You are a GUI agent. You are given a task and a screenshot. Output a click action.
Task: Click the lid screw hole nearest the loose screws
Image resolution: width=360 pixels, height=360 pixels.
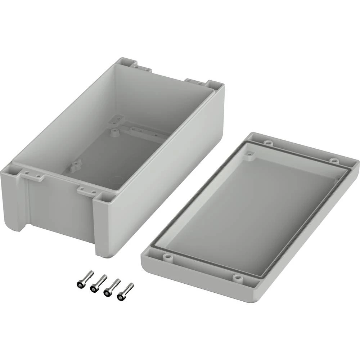pyautogui.click(x=166, y=257)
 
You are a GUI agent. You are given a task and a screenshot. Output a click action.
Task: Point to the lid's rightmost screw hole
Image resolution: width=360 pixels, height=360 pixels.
pyautogui.click(x=334, y=160)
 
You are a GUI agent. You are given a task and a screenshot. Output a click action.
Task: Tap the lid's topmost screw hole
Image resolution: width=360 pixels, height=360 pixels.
pyautogui.click(x=266, y=143)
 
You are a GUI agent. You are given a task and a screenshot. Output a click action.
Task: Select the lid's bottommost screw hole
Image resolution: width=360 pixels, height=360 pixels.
pyautogui.click(x=236, y=278)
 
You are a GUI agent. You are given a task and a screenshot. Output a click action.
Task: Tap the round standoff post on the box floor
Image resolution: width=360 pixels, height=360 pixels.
pyautogui.click(x=115, y=132)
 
